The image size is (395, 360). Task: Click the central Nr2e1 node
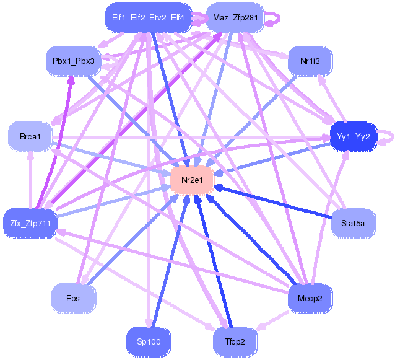[192, 180]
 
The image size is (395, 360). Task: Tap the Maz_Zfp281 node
[235, 17]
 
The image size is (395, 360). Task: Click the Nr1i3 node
[310, 61]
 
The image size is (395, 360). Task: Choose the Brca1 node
[30, 136]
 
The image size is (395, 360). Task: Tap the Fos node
[73, 298]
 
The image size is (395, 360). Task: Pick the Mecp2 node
[310, 298]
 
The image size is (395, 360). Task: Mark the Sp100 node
[148, 341]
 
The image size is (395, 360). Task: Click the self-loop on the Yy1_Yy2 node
[386, 136]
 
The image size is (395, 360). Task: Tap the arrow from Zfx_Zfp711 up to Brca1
[30, 180]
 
